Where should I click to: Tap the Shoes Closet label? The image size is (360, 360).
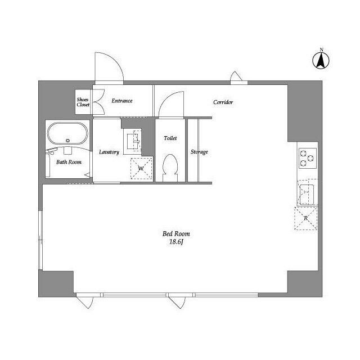[83, 101]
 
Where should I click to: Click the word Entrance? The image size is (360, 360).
[121, 101]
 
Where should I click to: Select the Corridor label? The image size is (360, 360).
[223, 102]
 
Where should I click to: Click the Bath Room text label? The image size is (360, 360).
[69, 162]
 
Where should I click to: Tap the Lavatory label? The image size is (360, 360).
[108, 152]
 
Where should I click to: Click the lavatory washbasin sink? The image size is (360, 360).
[135, 141]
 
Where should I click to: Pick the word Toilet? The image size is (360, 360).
[170, 138]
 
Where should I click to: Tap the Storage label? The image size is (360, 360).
[199, 152]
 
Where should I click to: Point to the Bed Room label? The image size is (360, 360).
[176, 233]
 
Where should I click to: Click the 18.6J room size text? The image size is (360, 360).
[176, 242]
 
